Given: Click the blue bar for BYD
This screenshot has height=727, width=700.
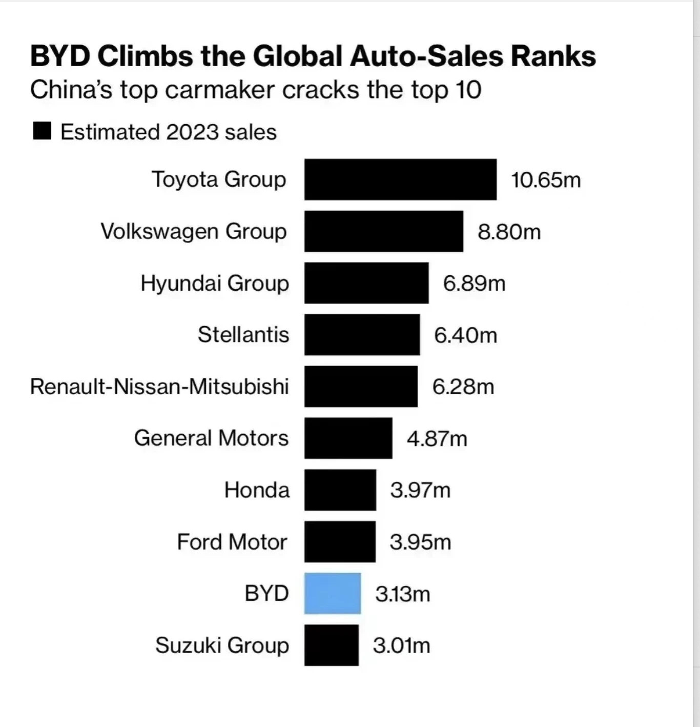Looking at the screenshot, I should [332, 593].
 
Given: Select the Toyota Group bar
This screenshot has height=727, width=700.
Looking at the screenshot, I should [400, 179].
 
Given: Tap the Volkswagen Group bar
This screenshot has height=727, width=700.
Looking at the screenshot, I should [383, 231].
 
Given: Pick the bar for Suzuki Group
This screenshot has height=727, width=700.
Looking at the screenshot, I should [331, 645].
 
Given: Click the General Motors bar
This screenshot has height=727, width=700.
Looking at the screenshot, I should [348, 438].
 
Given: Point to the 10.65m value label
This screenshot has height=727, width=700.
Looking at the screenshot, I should [546, 180].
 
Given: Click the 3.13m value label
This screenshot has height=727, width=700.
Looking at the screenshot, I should [402, 594].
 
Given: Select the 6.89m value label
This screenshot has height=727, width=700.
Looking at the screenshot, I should [474, 283].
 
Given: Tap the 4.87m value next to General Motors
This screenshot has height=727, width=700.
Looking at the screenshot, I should [437, 439].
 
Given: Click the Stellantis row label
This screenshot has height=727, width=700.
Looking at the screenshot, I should [243, 335].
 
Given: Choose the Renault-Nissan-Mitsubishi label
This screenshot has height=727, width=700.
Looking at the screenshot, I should [159, 387].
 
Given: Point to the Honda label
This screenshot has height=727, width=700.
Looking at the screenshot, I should [257, 490].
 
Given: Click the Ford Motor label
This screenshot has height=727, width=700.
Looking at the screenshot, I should [232, 542].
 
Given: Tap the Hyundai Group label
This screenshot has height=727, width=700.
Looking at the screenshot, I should [215, 283].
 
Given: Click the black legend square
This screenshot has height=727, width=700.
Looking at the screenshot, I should [42, 131].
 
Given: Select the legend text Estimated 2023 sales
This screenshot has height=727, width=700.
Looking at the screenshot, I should [169, 132].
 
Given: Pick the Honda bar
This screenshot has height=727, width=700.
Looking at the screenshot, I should [340, 490].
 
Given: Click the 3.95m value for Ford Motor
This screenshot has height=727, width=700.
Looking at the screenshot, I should [420, 542].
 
